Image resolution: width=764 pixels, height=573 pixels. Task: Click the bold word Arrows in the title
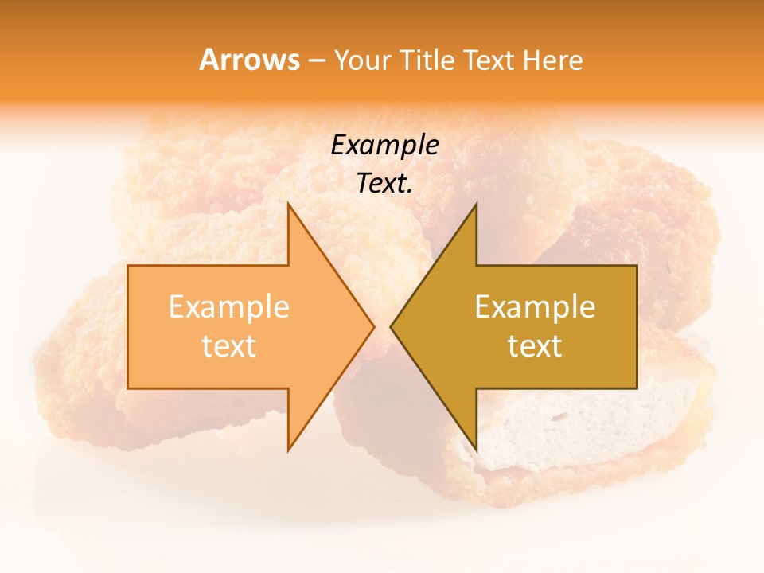click(x=250, y=60)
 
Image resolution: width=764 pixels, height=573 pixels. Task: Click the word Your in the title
click(x=361, y=60)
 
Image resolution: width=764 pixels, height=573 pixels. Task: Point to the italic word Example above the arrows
click(x=384, y=145)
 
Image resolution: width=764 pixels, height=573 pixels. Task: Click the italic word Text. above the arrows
click(x=383, y=183)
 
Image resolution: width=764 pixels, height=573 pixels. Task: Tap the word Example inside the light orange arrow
click(x=228, y=306)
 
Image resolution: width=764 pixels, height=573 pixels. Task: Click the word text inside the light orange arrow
click(x=228, y=345)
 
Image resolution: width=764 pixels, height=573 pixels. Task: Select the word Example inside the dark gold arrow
click(x=535, y=306)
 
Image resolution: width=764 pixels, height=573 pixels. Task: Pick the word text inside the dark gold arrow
click(x=535, y=345)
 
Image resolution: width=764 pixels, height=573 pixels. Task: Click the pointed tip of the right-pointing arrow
click(x=373, y=326)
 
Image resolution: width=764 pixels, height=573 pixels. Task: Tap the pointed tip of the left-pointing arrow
click(x=392, y=326)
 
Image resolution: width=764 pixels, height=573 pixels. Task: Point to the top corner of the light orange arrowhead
click(x=288, y=204)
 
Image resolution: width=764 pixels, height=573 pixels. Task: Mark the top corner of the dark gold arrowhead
click(x=476, y=204)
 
